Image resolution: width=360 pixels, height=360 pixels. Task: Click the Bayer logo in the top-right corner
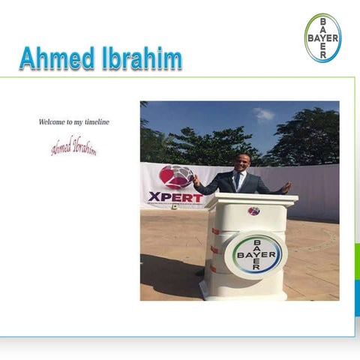[322, 37]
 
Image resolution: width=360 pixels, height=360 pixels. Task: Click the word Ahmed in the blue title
[56, 58]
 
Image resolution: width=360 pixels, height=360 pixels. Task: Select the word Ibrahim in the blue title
[140, 58]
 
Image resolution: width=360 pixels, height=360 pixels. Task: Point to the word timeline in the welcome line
[97, 121]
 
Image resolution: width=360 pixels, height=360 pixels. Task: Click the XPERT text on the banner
[175, 197]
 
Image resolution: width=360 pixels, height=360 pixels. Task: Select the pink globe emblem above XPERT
[175, 177]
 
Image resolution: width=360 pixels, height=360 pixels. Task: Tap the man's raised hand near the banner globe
[196, 180]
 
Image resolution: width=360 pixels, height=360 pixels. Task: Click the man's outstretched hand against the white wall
[286, 186]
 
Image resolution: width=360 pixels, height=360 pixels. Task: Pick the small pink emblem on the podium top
[253, 211]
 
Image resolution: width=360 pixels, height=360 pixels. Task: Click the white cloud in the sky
[263, 115]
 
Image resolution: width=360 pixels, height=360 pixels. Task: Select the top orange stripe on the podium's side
[215, 231]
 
